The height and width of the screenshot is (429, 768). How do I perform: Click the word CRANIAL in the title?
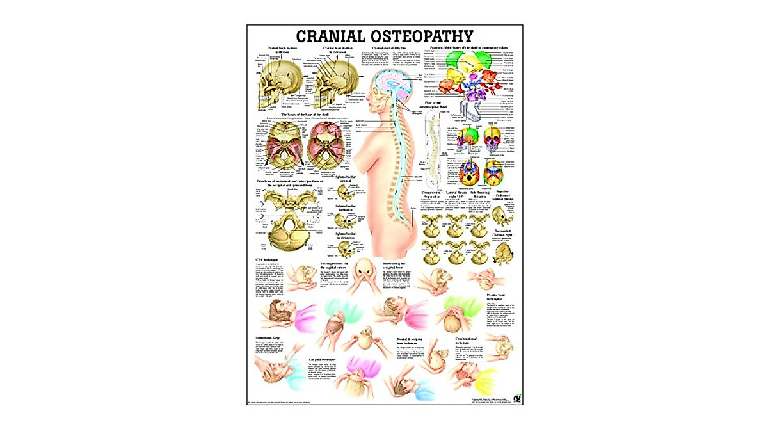tap(332, 36)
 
